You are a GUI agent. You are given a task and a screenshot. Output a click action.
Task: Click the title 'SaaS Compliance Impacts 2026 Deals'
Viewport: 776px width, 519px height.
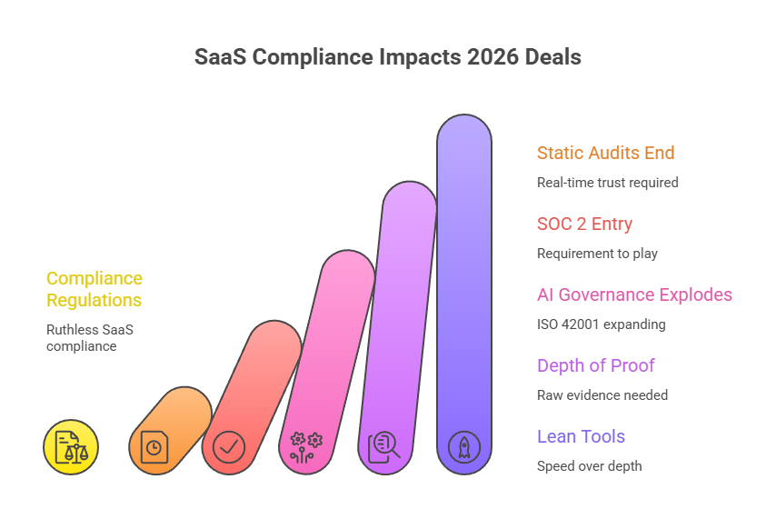(388, 56)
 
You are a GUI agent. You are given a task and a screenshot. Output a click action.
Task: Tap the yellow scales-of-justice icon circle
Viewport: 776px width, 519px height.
(71, 447)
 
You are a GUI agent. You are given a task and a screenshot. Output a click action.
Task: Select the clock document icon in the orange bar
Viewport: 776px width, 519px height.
(154, 447)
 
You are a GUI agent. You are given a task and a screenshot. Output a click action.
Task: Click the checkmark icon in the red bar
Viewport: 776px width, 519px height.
(229, 447)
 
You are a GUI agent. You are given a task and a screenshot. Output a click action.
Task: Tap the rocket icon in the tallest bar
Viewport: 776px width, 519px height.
(464, 447)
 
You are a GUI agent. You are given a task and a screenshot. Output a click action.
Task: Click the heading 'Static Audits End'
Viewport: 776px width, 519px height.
(605, 153)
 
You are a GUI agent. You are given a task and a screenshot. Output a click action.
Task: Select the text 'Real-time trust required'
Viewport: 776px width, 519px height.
(607, 183)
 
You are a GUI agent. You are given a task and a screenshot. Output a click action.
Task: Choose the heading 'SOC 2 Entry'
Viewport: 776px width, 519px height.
(584, 224)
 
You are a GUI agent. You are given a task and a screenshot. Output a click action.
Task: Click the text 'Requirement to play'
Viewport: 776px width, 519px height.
(597, 254)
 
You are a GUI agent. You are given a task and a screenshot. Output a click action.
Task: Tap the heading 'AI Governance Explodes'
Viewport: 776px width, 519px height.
(634, 294)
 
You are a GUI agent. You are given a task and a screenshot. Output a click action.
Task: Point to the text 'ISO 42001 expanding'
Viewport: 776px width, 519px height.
(601, 324)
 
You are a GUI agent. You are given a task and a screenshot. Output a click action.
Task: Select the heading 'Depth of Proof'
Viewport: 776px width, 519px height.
(595, 365)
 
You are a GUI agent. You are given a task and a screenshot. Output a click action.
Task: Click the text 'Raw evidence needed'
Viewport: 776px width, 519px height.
(602, 395)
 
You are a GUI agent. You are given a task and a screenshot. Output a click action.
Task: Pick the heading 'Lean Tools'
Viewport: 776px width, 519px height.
(581, 436)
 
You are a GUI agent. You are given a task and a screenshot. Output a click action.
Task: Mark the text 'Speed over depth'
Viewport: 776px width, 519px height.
(589, 466)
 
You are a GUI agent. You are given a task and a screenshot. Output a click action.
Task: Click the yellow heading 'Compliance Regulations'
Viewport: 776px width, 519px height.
(95, 289)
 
